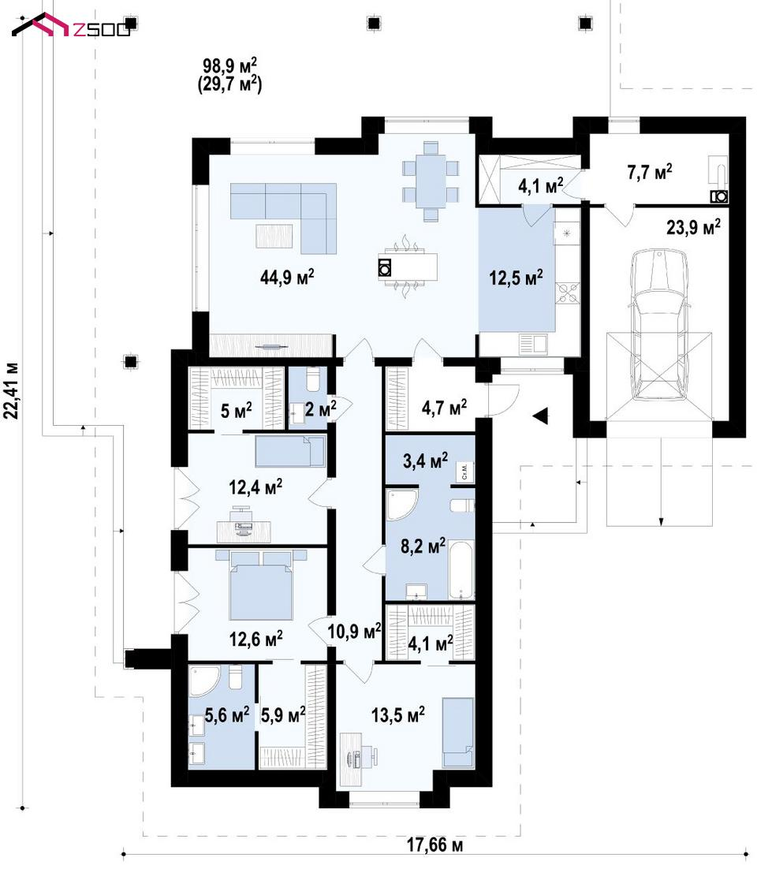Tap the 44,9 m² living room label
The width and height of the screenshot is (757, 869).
click(x=288, y=276)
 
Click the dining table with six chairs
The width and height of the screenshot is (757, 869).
click(x=431, y=181)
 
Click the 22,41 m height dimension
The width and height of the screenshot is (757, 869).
click(x=12, y=390)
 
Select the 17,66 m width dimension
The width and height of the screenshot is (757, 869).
click(x=435, y=845)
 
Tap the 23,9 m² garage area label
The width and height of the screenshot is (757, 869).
click(x=693, y=226)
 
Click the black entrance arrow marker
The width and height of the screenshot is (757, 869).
click(x=540, y=415)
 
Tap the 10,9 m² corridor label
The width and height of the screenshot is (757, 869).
click(x=354, y=631)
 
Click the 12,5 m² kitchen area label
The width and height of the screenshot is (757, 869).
click(x=516, y=277)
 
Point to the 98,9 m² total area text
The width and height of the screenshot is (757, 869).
click(x=229, y=66)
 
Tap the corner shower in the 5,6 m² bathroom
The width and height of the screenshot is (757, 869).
click(x=204, y=681)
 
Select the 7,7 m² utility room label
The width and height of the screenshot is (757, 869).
click(x=650, y=172)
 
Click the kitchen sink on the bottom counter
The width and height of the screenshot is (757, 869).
click(x=533, y=344)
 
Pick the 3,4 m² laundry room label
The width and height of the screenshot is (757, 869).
click(x=426, y=461)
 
